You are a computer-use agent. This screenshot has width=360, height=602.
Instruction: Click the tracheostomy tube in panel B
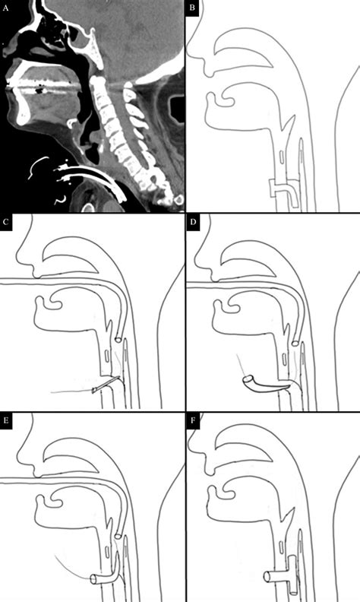pos(282,185)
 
